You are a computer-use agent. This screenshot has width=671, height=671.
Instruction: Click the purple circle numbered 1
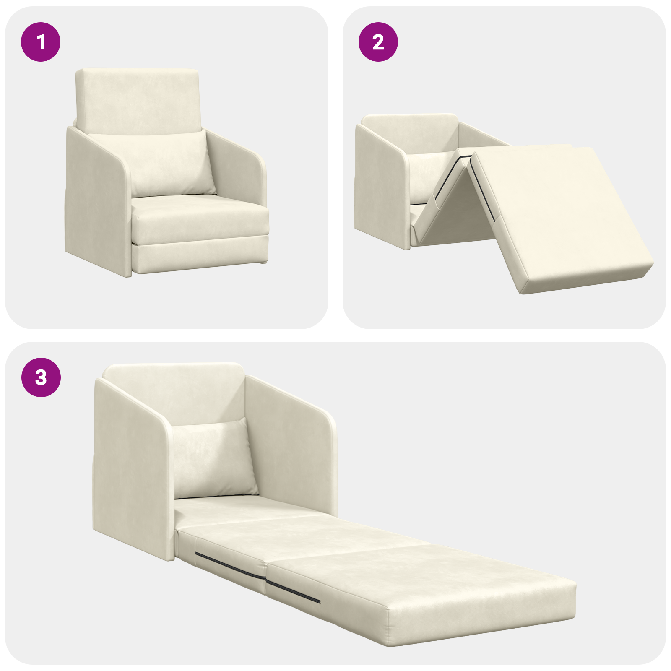tap(41, 42)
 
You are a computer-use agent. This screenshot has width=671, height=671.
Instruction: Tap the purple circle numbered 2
tap(378, 42)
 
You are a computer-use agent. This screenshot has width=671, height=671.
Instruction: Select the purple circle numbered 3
tap(41, 377)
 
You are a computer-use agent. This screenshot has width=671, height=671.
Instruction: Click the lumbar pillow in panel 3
tap(214, 459)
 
